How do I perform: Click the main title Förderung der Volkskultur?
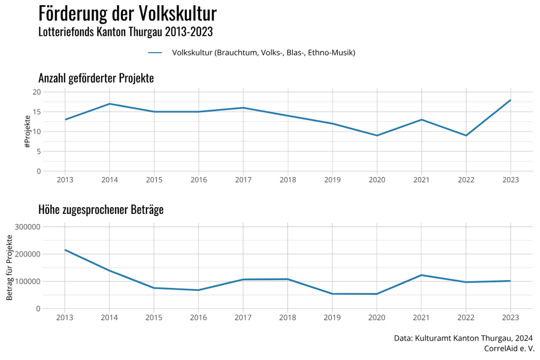128,13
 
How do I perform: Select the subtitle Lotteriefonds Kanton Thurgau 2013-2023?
125,32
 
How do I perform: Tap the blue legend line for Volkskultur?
155,53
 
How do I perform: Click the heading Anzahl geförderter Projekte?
96,79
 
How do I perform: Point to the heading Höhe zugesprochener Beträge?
101,210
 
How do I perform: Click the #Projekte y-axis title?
27,131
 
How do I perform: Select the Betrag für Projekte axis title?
9,267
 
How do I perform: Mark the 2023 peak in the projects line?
511,100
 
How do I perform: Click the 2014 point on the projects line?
109,104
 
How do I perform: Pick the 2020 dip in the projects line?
377,135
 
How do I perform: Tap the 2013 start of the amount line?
65,250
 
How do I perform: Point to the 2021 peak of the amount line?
421,275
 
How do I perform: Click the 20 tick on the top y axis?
37,92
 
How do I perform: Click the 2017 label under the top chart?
243,180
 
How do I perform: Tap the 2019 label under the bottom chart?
332,317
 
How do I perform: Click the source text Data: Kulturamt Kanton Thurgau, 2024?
463,338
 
